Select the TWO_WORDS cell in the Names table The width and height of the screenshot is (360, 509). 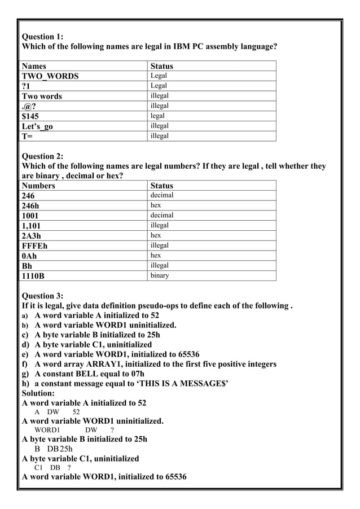[50, 76]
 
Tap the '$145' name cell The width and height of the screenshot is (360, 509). [30, 116]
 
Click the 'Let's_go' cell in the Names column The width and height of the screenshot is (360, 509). [37, 126]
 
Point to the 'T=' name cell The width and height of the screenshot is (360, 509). [27, 136]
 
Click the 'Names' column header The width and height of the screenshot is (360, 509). [34, 66]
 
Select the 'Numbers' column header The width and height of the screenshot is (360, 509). [38, 186]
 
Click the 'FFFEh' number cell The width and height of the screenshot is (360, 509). [34, 246]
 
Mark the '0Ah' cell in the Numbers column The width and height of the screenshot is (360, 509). [29, 256]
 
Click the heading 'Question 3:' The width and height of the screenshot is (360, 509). [43, 296]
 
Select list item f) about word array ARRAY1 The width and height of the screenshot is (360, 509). [150, 364]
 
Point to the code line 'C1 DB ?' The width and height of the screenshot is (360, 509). [52, 468]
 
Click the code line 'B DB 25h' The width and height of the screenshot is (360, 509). [54, 449]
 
